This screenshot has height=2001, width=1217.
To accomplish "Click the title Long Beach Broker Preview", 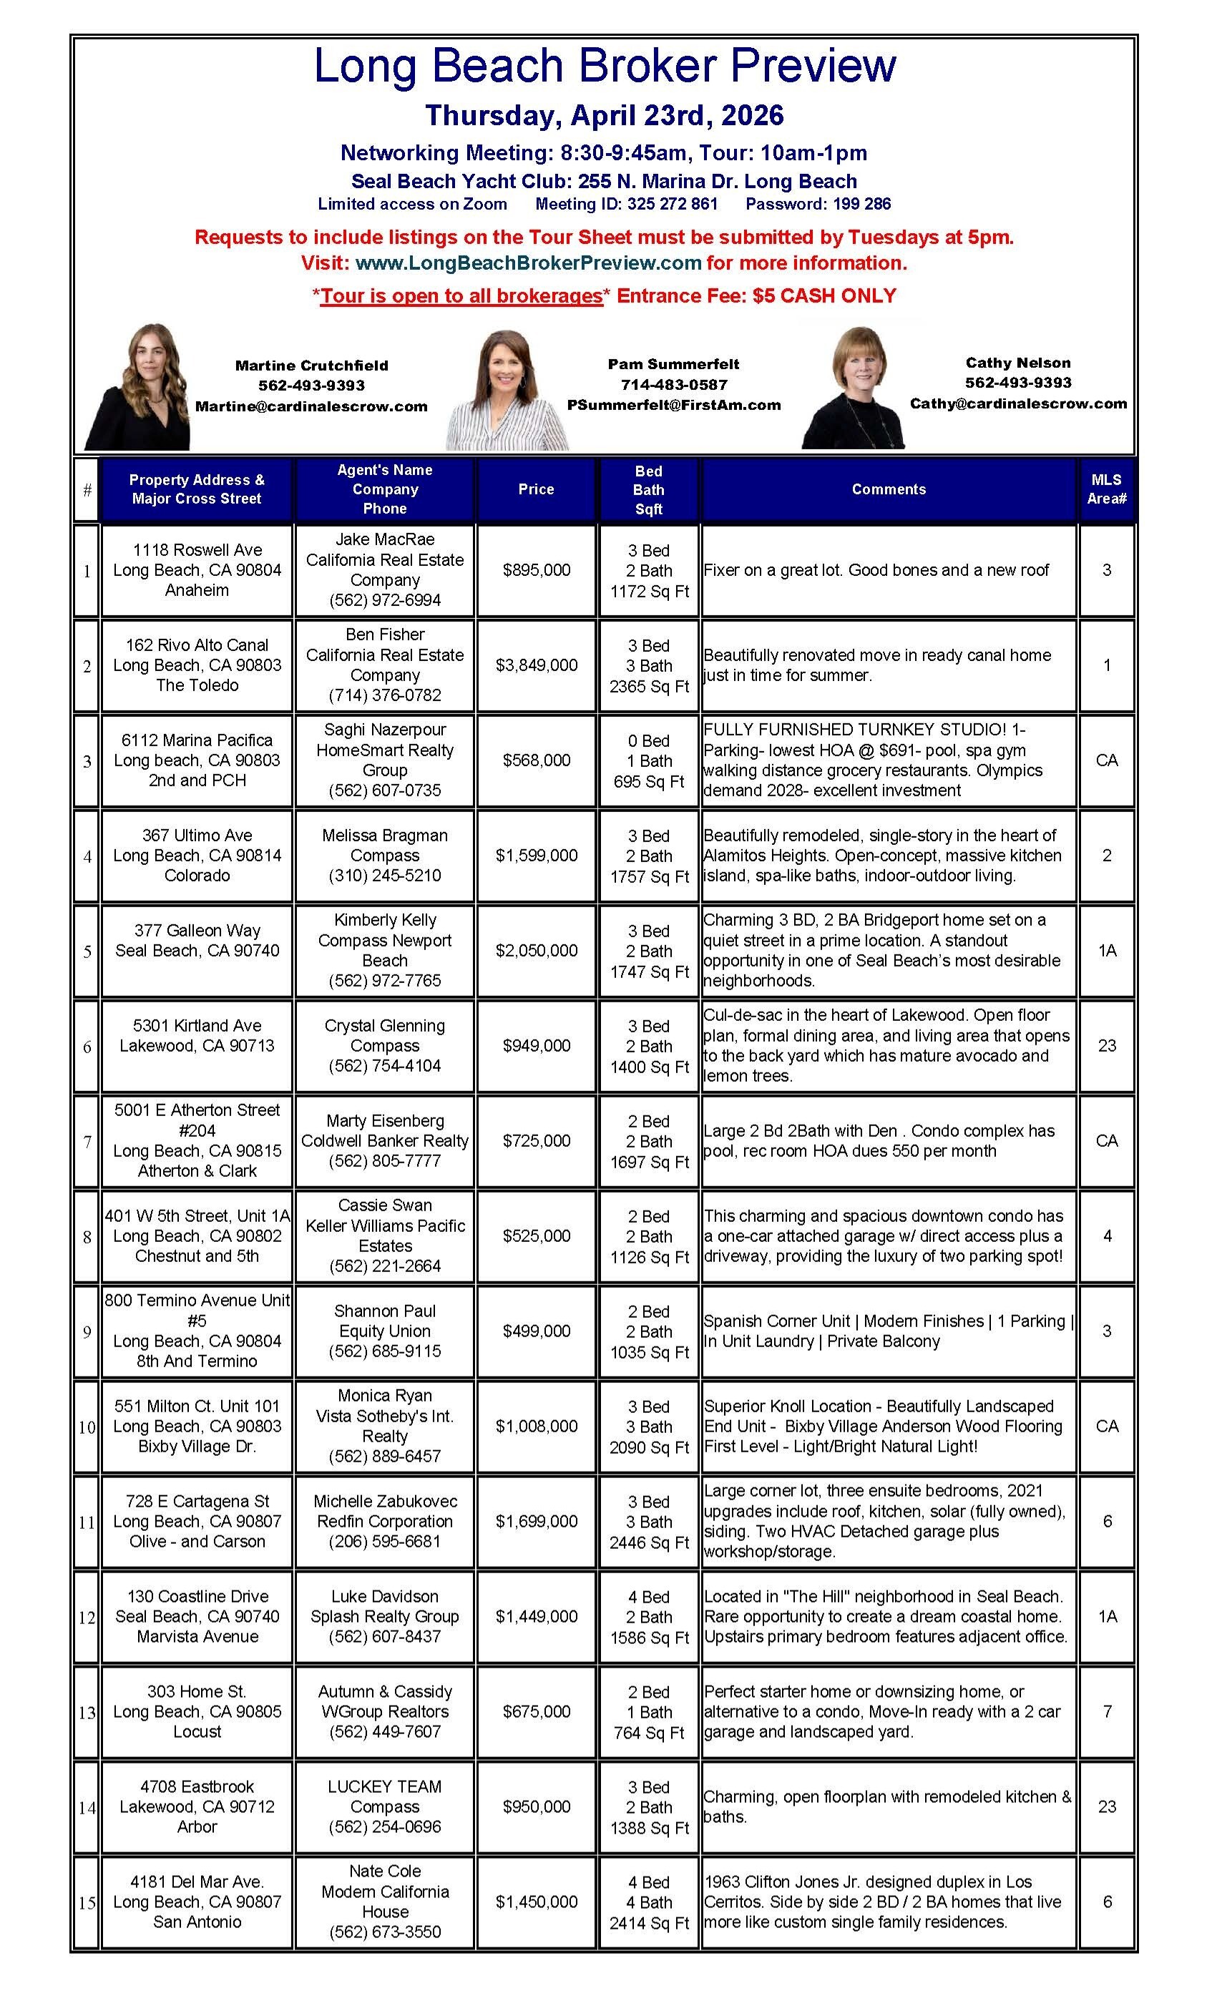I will tap(605, 67).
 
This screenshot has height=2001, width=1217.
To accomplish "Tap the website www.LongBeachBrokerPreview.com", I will tap(528, 263).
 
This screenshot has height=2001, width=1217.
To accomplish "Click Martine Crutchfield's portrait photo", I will tap(138, 387).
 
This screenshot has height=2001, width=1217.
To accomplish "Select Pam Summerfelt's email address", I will tap(673, 404).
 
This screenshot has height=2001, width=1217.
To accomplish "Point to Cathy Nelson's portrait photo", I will tap(853, 388).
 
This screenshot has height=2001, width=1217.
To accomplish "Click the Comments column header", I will tap(888, 489).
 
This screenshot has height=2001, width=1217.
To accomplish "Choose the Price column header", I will tap(536, 489).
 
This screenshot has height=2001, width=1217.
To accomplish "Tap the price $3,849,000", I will tap(536, 665).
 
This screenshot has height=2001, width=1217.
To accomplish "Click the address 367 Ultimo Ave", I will tap(197, 835).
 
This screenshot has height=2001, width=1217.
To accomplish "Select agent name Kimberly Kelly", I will tap(385, 920).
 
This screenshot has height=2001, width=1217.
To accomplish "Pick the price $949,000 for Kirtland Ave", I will tap(536, 1046).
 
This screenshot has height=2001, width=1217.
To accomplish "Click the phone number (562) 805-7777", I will tap(385, 1161).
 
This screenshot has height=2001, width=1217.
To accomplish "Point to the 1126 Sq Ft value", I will tap(649, 1257).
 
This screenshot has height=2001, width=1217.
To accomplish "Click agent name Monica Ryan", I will tap(385, 1395).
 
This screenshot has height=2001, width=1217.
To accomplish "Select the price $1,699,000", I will tap(536, 1521).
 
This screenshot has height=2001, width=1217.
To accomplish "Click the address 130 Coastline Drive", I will tap(197, 1596).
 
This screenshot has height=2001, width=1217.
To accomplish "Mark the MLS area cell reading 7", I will tap(1107, 1711).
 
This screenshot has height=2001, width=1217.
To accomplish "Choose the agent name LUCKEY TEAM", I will tap(385, 1786).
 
